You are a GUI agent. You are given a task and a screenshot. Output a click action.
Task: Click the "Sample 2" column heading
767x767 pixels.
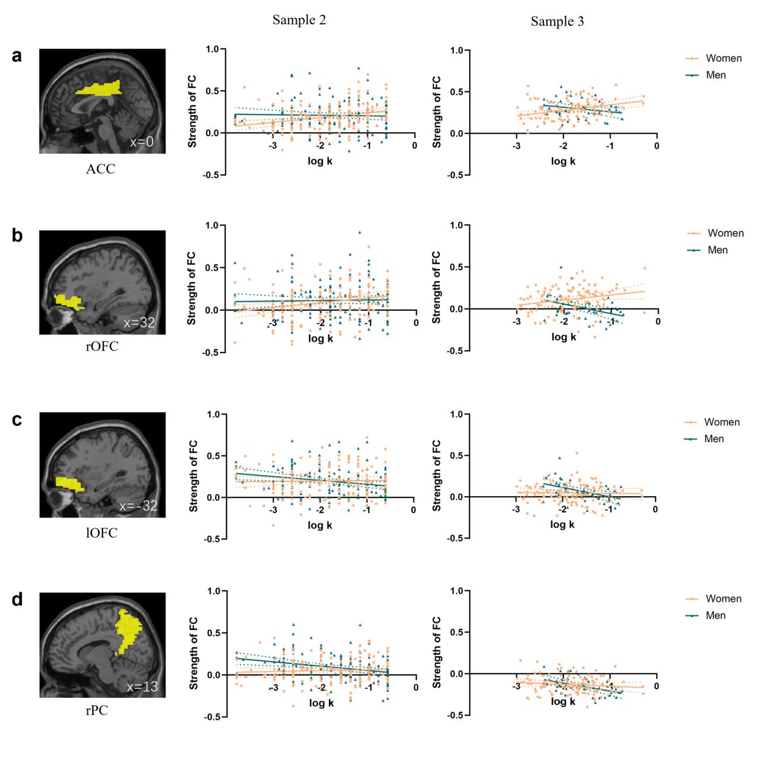point(299,20)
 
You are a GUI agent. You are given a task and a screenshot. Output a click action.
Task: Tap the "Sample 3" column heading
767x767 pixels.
point(557,22)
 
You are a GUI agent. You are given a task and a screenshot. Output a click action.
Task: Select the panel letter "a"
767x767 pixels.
point(18,56)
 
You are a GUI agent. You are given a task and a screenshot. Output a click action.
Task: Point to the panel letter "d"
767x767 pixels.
point(18,600)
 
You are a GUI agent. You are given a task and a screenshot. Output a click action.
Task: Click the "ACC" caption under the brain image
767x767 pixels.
point(100,169)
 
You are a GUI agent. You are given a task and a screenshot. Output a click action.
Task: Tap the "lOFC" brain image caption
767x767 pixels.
point(101,533)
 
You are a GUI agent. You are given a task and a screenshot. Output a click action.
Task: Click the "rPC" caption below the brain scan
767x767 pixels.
point(97,710)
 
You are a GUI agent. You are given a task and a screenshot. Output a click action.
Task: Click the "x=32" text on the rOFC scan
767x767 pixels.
point(139,323)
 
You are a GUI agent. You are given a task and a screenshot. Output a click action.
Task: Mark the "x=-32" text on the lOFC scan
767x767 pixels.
point(138,506)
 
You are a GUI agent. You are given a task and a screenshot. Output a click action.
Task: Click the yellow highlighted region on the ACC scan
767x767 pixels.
point(99,89)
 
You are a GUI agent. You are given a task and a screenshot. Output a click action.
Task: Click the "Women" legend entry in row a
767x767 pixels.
point(723,58)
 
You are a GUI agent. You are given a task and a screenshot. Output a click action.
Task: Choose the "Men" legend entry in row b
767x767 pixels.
point(717,250)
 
